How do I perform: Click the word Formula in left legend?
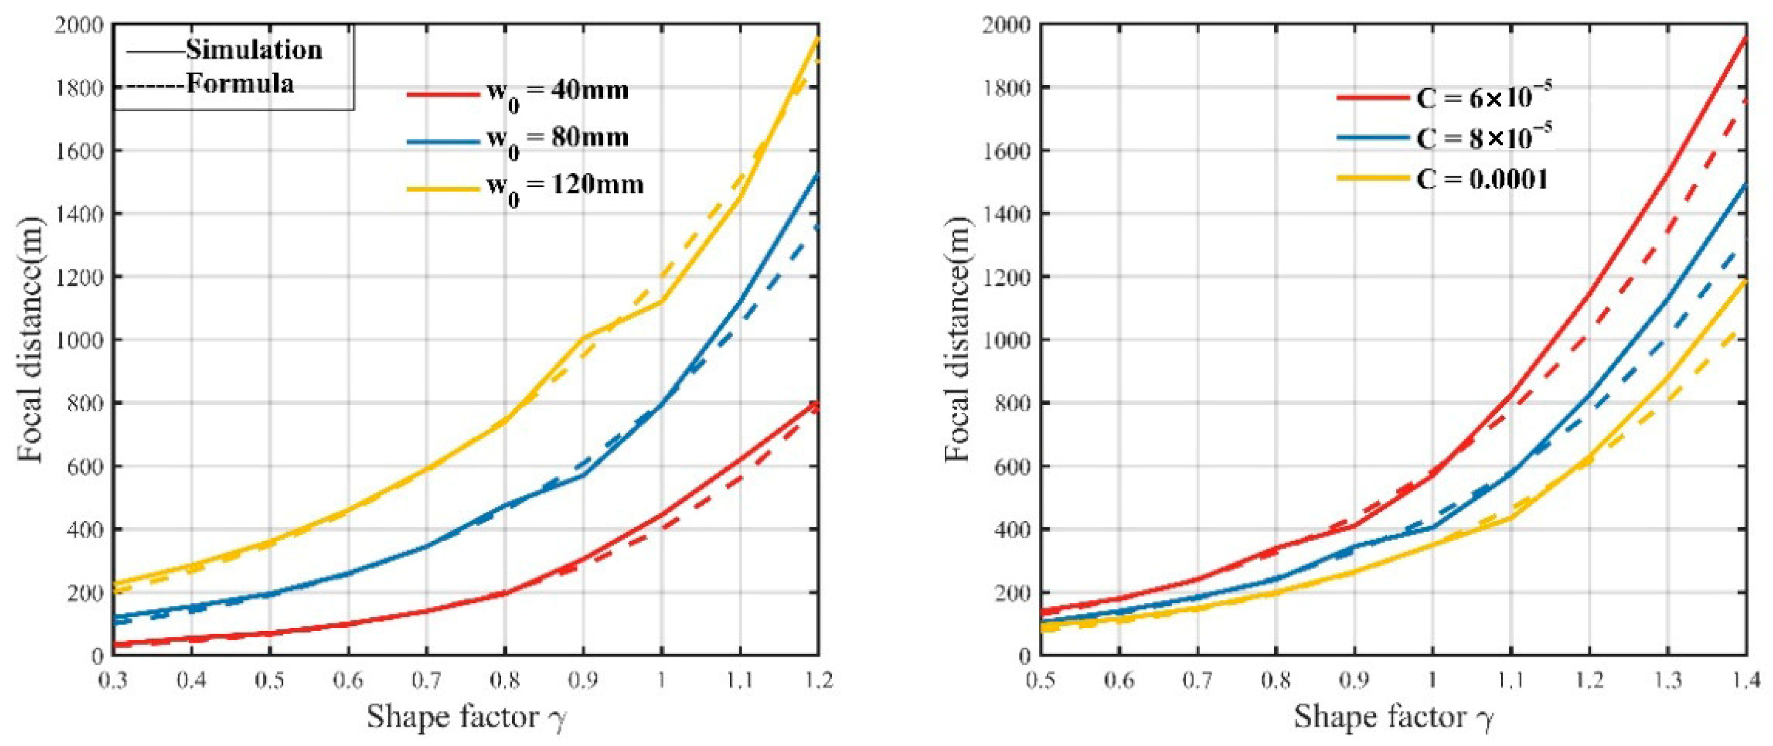tap(240, 83)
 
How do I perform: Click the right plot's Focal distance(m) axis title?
tap(957, 339)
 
